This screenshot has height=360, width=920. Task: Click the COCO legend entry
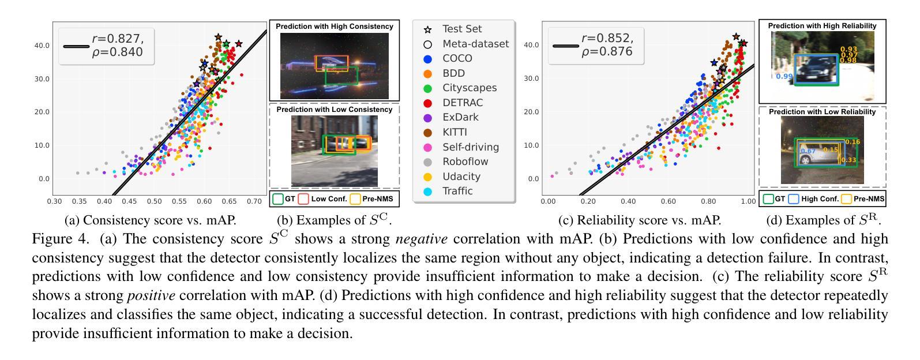[x=457, y=58]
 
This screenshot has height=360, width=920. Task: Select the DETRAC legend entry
[x=462, y=103]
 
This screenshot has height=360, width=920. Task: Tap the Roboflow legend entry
[x=465, y=162]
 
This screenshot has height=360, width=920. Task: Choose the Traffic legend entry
[x=457, y=191]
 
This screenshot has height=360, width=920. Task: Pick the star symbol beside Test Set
[x=427, y=29]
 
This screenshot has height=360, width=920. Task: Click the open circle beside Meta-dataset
[x=427, y=44]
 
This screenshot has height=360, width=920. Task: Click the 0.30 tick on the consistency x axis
[x=54, y=201]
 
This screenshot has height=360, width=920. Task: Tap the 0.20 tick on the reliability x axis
[x=588, y=201]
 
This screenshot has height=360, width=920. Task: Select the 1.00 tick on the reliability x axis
[x=748, y=201]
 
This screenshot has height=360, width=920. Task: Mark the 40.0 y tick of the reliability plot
[x=532, y=45]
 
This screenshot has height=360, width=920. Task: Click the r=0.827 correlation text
[x=118, y=39]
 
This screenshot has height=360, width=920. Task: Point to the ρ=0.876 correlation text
[x=607, y=52]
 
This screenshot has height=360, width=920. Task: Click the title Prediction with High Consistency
[x=334, y=27]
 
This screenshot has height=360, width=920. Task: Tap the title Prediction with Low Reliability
[x=822, y=112]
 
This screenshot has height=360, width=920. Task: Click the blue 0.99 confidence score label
[x=784, y=76]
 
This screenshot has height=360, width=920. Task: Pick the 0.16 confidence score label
[x=852, y=142]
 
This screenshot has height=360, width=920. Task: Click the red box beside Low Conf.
[x=303, y=199]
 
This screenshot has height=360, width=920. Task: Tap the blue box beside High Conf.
[x=794, y=199]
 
